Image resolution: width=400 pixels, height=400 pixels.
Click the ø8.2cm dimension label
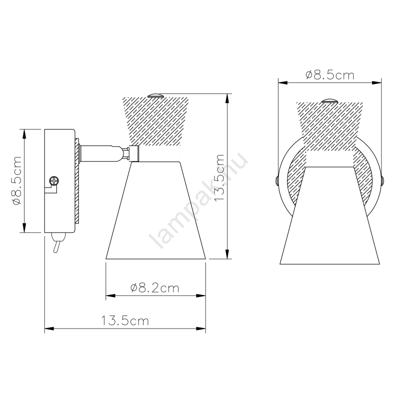tap(154, 288)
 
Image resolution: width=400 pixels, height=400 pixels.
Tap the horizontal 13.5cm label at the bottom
tap(125, 320)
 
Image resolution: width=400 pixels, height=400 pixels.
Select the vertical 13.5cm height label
tap(219, 177)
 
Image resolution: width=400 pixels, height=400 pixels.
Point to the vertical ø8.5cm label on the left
tap(16, 180)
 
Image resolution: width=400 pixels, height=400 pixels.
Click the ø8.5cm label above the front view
tap(330, 75)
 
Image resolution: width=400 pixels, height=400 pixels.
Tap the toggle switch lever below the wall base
tap(57, 243)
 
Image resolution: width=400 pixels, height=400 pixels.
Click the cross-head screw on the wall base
tap(54, 181)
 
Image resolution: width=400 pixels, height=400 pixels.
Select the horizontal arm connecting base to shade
tap(99, 153)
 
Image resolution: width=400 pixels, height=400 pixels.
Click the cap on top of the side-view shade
tap(155, 95)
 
